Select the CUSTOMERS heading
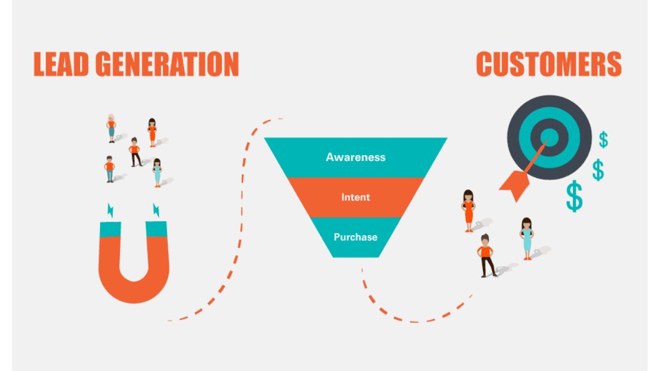548,64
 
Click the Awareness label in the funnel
355,157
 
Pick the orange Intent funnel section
355,197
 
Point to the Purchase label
355,237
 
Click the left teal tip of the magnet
109,228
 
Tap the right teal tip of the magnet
156,228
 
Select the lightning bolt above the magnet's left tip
110,209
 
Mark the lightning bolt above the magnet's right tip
157,209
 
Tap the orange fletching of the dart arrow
513,183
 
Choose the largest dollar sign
574,197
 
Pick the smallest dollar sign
603,140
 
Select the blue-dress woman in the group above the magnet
157,173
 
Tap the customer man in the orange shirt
486,254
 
